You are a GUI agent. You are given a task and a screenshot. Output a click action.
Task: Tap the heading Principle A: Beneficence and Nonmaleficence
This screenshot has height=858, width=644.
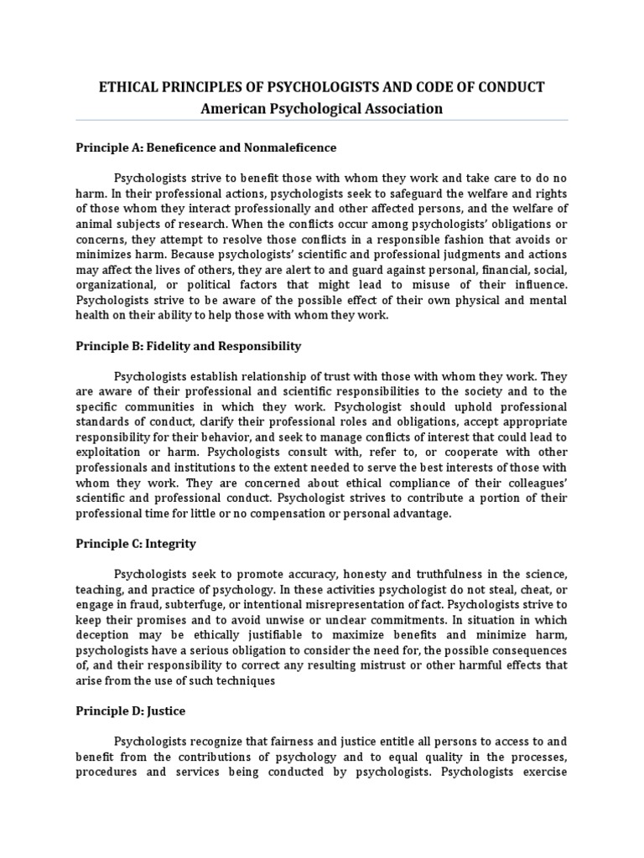pyautogui.click(x=205, y=147)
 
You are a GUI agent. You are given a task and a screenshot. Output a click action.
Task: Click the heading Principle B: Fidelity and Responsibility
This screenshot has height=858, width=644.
pyautogui.click(x=189, y=346)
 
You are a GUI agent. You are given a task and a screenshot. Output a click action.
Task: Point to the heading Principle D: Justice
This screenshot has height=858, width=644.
pyautogui.click(x=130, y=711)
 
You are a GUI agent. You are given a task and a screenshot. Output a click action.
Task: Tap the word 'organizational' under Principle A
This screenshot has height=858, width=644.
pyautogui.click(x=113, y=284)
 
